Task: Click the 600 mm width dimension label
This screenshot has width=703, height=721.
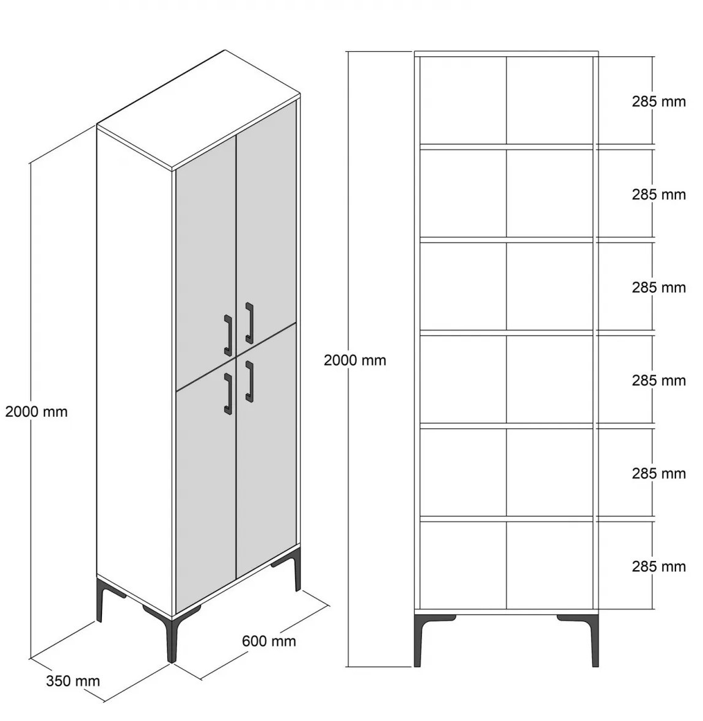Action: point(269,640)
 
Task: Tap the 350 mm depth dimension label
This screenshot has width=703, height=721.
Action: point(73,681)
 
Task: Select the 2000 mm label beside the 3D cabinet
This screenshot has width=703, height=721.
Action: point(36,412)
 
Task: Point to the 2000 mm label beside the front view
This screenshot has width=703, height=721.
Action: point(355,360)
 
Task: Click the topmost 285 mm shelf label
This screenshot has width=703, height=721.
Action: point(658,101)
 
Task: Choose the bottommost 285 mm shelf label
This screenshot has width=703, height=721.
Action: point(658,566)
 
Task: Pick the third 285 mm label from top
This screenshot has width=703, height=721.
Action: point(658,287)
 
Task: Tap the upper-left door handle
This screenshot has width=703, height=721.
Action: point(228,335)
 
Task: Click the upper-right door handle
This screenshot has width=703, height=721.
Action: point(249,323)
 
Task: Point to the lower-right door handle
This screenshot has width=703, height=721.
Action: point(249,382)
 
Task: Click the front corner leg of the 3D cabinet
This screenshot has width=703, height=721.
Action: point(172,639)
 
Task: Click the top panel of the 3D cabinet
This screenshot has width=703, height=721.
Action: point(199,111)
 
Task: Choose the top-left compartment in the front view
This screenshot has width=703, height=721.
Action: point(463,100)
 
